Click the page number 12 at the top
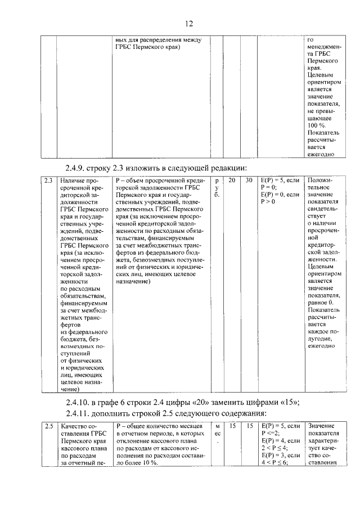point(189,23)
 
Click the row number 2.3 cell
point(48,181)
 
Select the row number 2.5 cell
point(48,427)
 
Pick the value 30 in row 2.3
point(248,181)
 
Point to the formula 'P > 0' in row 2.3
point(268,202)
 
